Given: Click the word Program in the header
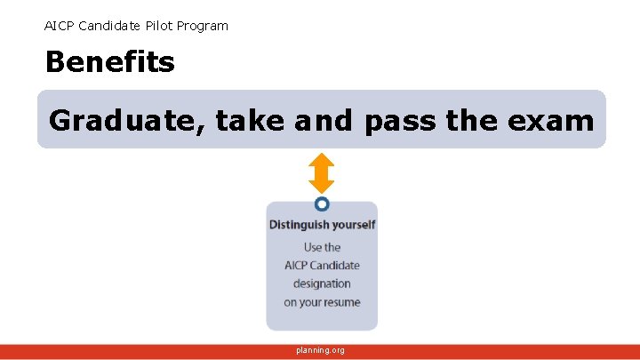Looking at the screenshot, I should pos(203,26).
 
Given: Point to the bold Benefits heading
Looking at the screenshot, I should pos(109,62).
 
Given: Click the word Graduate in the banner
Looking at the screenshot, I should pos(127,120).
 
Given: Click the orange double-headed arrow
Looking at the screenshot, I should pos(321,173).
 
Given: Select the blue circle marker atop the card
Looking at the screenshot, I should pos(322,204).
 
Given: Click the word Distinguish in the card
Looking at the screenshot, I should pos(300,225).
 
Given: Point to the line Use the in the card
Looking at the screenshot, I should pos(322,247).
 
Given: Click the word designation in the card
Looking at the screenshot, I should pos(322,284).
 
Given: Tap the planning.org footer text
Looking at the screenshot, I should pos(320,351).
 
